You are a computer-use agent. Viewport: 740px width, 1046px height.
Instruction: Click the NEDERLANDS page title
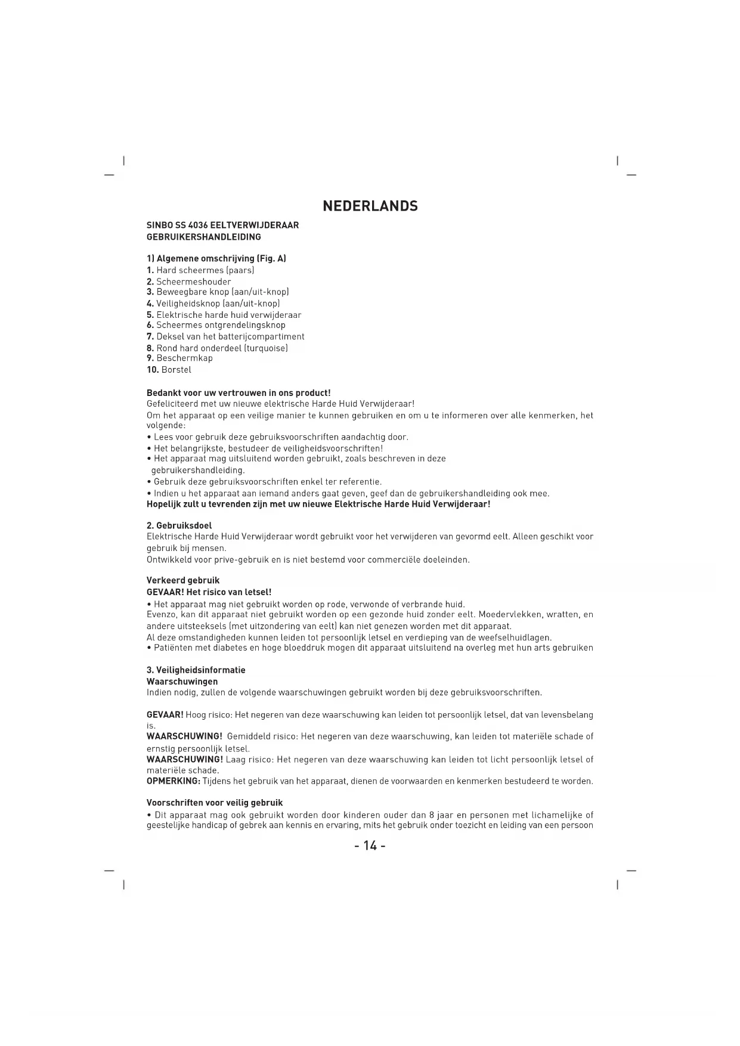click(370, 206)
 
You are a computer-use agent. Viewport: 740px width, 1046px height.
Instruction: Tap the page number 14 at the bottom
click(370, 846)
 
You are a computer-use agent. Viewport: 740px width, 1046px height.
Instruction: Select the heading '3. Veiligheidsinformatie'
click(196, 670)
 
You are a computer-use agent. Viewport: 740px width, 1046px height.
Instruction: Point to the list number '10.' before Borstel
click(153, 370)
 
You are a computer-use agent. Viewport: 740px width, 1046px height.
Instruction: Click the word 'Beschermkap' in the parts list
click(184, 358)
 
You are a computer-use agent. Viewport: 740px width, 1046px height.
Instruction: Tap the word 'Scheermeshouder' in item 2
click(194, 281)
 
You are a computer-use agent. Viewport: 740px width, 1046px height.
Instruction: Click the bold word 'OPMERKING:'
click(174, 781)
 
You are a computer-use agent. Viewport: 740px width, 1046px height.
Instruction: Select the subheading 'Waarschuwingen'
click(182, 682)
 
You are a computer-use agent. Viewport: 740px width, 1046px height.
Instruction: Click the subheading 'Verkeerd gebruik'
click(183, 580)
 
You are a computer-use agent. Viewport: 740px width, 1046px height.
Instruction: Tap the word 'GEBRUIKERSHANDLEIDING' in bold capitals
click(204, 237)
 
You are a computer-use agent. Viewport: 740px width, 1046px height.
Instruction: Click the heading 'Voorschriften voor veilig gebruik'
click(215, 803)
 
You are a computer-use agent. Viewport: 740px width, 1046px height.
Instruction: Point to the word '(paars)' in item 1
click(240, 270)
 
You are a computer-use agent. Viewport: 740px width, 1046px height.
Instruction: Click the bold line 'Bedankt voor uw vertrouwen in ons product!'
click(239, 393)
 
